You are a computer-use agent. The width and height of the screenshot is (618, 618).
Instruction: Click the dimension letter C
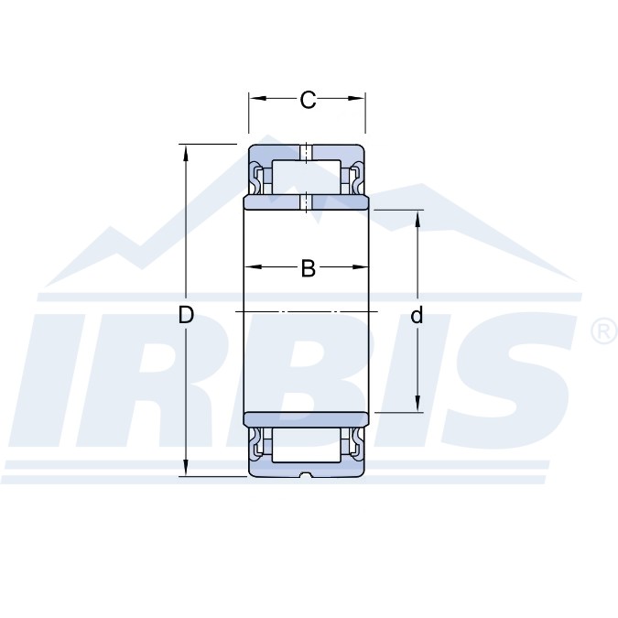coord(308,100)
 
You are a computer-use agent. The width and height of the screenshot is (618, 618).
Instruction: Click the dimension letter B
coord(309,268)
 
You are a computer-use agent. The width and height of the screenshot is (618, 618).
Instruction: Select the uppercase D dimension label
coord(186,315)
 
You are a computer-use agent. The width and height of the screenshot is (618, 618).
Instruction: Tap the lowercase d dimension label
coord(417,315)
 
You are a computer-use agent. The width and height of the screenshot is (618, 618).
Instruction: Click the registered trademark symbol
coord(604,331)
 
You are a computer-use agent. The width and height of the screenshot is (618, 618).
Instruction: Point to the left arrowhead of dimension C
coord(258,99)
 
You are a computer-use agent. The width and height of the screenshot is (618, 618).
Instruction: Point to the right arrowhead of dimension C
coord(356,99)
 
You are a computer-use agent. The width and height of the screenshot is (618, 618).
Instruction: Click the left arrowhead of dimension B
coord(253,267)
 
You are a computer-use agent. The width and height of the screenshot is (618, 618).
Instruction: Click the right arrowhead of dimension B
coord(360,267)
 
